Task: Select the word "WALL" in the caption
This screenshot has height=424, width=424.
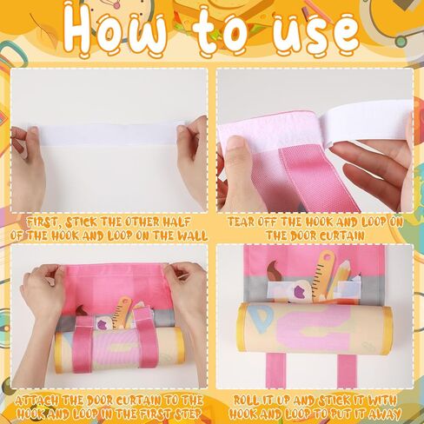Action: click(x=192, y=235)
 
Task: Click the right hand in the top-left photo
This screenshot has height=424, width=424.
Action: click(x=194, y=162)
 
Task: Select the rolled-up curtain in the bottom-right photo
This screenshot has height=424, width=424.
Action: click(x=315, y=328)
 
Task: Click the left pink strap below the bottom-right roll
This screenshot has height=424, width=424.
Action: click(x=275, y=371)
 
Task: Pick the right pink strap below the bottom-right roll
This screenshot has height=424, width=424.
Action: click(x=347, y=371)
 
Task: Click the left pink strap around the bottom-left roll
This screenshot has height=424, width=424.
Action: click(x=83, y=345)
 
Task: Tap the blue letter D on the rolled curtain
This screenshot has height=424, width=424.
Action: click(x=263, y=319)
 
